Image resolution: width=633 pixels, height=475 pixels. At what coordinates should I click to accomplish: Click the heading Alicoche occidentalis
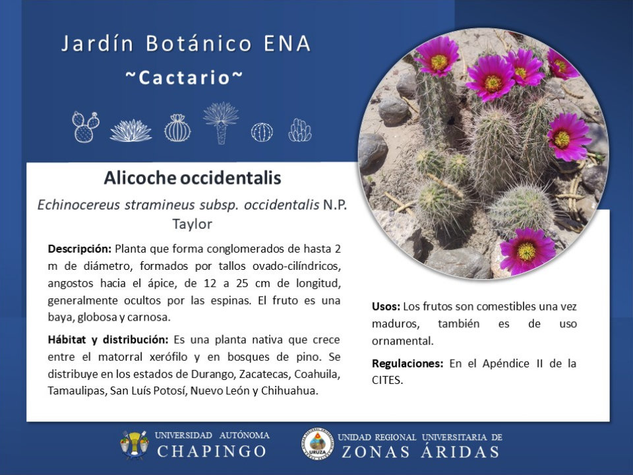click(x=192, y=177)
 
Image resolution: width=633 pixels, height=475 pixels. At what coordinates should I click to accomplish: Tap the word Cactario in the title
click(x=184, y=78)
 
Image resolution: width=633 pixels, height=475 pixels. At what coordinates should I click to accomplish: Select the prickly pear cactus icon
click(x=86, y=127)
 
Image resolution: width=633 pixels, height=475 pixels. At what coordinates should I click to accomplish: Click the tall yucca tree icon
click(x=221, y=123)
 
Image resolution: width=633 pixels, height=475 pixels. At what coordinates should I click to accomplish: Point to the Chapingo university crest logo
click(x=134, y=445)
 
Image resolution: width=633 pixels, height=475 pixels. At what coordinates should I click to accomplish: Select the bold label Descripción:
click(x=79, y=249)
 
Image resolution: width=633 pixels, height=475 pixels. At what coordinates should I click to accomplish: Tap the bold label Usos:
click(x=386, y=307)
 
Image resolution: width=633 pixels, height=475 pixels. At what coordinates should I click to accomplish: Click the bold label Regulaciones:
click(x=407, y=364)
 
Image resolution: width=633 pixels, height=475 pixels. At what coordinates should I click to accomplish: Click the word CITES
click(x=387, y=381)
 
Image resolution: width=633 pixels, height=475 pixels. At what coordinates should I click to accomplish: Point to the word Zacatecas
click(x=265, y=374)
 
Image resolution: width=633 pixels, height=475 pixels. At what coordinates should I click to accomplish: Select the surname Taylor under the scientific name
click(x=192, y=224)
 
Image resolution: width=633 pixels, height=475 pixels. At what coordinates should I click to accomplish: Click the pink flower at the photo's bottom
click(x=527, y=251)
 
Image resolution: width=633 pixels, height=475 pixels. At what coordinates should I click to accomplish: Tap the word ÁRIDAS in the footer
click(x=460, y=452)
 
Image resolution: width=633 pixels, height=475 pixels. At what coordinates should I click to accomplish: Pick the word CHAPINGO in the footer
click(x=212, y=451)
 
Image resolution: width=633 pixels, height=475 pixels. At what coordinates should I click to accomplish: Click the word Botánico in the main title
click(x=198, y=44)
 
